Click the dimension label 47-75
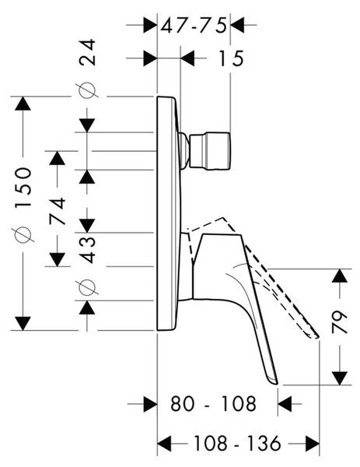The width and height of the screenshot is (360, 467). tap(194, 26)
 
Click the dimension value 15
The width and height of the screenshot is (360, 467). tap(231, 58)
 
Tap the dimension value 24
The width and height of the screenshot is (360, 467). tap(87, 52)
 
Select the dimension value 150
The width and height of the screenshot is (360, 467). tap(23, 188)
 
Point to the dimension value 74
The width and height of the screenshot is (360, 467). tap(58, 211)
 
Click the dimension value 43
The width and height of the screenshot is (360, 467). tap(88, 250)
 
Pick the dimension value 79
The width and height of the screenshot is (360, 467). tap(340, 322)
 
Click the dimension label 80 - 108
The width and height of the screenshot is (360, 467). tap(213, 404)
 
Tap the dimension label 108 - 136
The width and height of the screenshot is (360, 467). tap(237, 443)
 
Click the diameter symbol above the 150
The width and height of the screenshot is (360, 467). tap(22, 234)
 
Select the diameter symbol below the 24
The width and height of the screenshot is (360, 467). tap(86, 90)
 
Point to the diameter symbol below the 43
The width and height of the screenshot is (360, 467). tap(86, 286)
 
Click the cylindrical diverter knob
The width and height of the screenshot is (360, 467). tap(210, 151)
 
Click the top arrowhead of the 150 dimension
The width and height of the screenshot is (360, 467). tap(23, 104)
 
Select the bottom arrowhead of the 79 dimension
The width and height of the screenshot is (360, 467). tap(340, 378)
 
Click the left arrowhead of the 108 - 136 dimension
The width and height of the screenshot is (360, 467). tap(164, 444)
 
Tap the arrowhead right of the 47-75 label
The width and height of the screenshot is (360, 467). tap(237, 25)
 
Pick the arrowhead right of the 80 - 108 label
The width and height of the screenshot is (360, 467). tap(285, 404)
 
